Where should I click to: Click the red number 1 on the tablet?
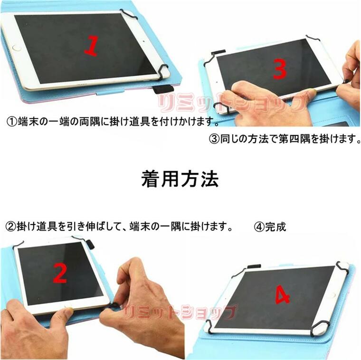pyautogui.click(x=91, y=46)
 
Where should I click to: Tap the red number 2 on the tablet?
pyautogui.click(x=60, y=273)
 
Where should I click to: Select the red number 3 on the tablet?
pyautogui.click(x=280, y=69)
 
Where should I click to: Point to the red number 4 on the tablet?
pyautogui.click(x=282, y=295)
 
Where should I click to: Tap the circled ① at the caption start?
pyautogui.click(x=11, y=122)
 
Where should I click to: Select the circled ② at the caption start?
pyautogui.click(x=10, y=226)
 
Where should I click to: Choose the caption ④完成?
pyautogui.click(x=270, y=227)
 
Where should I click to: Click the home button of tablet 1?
pyautogui.click(x=18, y=48)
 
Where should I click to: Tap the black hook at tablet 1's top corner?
pyautogui.click(x=128, y=14)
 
